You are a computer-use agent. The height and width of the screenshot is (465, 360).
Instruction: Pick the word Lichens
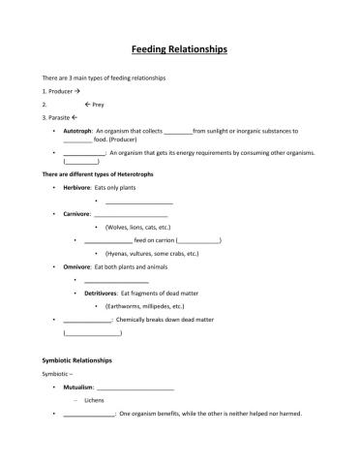pyautogui.click(x=95, y=400)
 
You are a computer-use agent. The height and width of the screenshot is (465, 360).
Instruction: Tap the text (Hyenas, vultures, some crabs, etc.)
pyautogui.click(x=152, y=253)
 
